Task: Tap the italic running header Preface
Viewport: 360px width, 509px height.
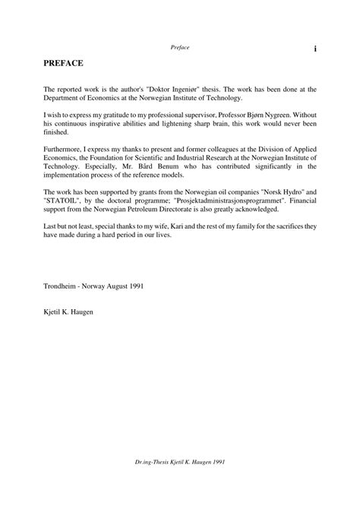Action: point(180,48)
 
